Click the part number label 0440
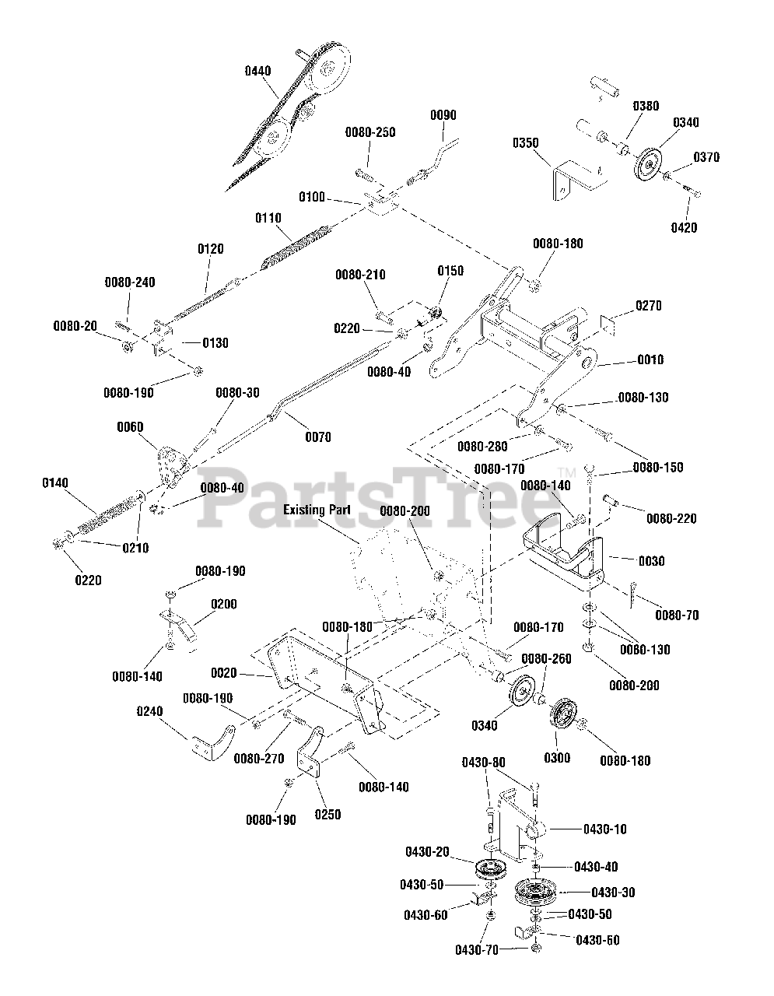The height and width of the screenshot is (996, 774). point(257,71)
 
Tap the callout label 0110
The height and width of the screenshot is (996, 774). point(268,219)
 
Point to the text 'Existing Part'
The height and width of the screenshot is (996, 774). point(317,510)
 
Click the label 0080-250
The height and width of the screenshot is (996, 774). point(370,132)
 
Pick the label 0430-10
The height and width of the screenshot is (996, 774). point(604,829)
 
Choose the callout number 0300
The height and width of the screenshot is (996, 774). point(557,757)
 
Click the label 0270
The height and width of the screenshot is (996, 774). point(649,306)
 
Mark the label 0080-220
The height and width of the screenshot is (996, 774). point(671,518)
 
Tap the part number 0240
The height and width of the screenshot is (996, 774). point(149,710)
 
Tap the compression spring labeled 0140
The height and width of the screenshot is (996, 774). point(101,522)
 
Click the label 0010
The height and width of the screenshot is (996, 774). point(650,359)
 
